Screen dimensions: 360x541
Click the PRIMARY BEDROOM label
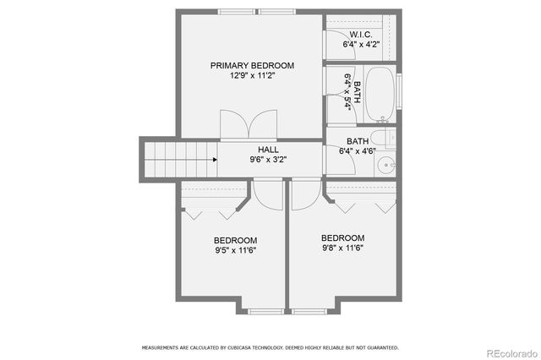click(252, 66)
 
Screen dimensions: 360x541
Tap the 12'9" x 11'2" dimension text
click(252, 76)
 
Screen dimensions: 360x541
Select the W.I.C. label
click(361, 34)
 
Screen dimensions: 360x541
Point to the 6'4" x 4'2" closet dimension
click(361, 44)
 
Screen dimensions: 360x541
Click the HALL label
click(257, 149)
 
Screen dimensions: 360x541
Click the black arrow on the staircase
click(216, 158)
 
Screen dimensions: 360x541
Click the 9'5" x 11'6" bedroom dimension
click(235, 249)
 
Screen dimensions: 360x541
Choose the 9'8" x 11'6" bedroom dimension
click(342, 248)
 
